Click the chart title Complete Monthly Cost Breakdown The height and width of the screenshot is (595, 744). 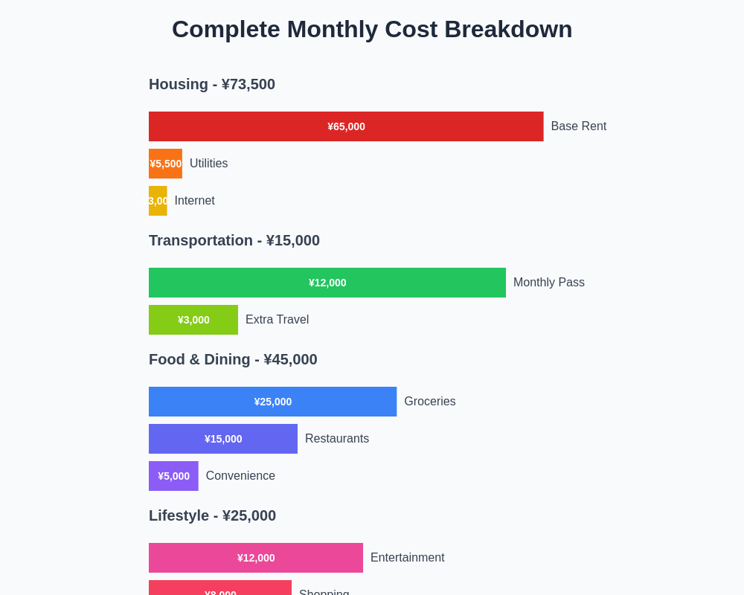click(x=372, y=29)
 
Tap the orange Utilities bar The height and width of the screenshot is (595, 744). click(x=165, y=164)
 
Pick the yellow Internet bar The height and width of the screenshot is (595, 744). click(x=158, y=201)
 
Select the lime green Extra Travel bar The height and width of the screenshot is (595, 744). click(x=193, y=320)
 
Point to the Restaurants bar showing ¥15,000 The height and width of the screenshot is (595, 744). click(x=223, y=439)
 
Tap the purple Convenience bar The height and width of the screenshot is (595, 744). click(x=173, y=476)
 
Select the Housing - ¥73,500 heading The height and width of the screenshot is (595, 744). click(x=212, y=84)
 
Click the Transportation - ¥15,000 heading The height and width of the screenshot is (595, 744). click(x=234, y=240)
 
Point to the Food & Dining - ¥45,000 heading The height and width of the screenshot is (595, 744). click(x=233, y=359)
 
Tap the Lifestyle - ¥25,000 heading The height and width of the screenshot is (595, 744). click(x=212, y=515)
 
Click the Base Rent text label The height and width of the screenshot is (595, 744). click(x=579, y=126)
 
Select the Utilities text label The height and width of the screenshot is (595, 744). click(x=208, y=164)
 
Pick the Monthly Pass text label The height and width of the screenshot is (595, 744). click(x=549, y=283)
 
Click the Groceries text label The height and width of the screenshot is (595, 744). click(x=430, y=402)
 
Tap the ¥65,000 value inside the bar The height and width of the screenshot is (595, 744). click(x=346, y=126)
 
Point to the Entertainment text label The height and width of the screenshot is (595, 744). click(x=408, y=558)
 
